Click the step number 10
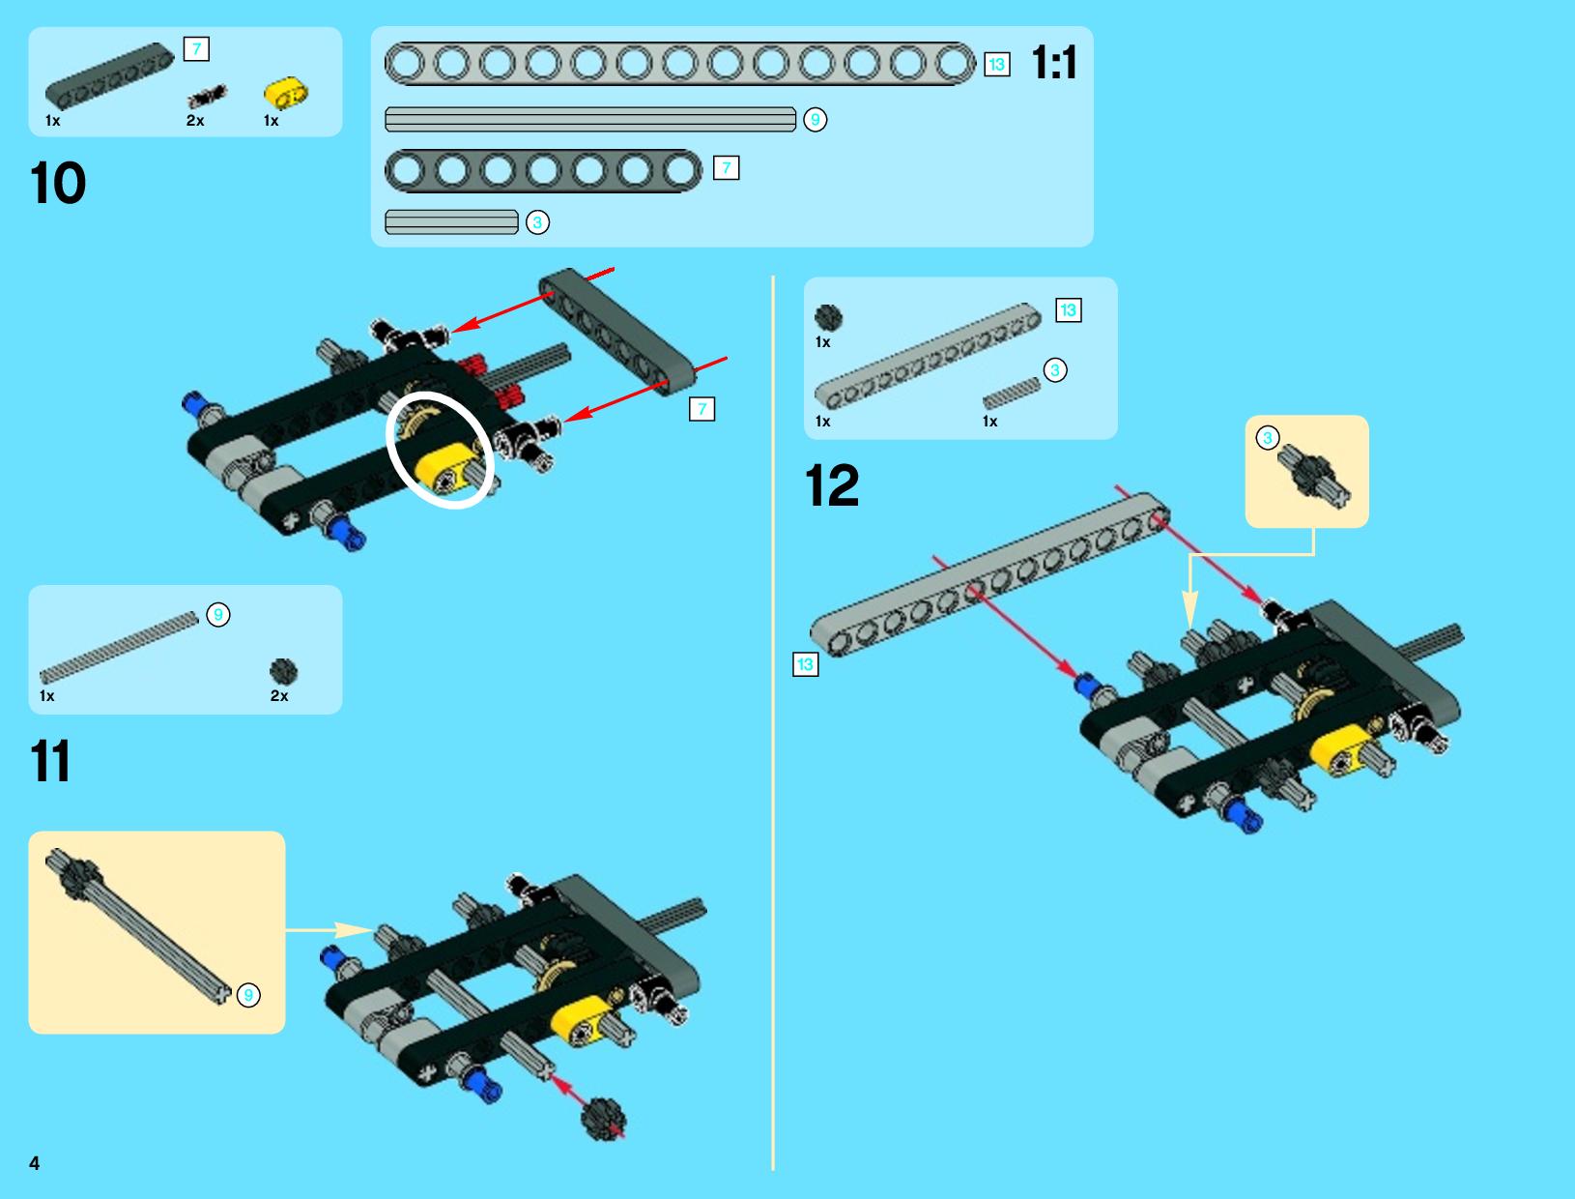point(57,183)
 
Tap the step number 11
point(50,761)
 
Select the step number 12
point(832,485)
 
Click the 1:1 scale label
point(1054,62)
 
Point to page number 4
point(35,1163)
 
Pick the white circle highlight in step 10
point(440,451)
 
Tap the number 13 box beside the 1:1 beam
point(996,65)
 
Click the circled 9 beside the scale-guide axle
point(815,119)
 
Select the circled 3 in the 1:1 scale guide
point(537,222)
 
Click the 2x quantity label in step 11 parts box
point(279,695)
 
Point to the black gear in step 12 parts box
point(828,317)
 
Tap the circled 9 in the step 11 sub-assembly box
point(248,995)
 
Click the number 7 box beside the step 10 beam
point(702,409)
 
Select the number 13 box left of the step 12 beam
point(805,664)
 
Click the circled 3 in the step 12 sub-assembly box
point(1267,438)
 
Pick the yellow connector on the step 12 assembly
point(1339,749)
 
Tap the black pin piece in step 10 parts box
point(208,96)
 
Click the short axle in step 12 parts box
point(1011,394)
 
